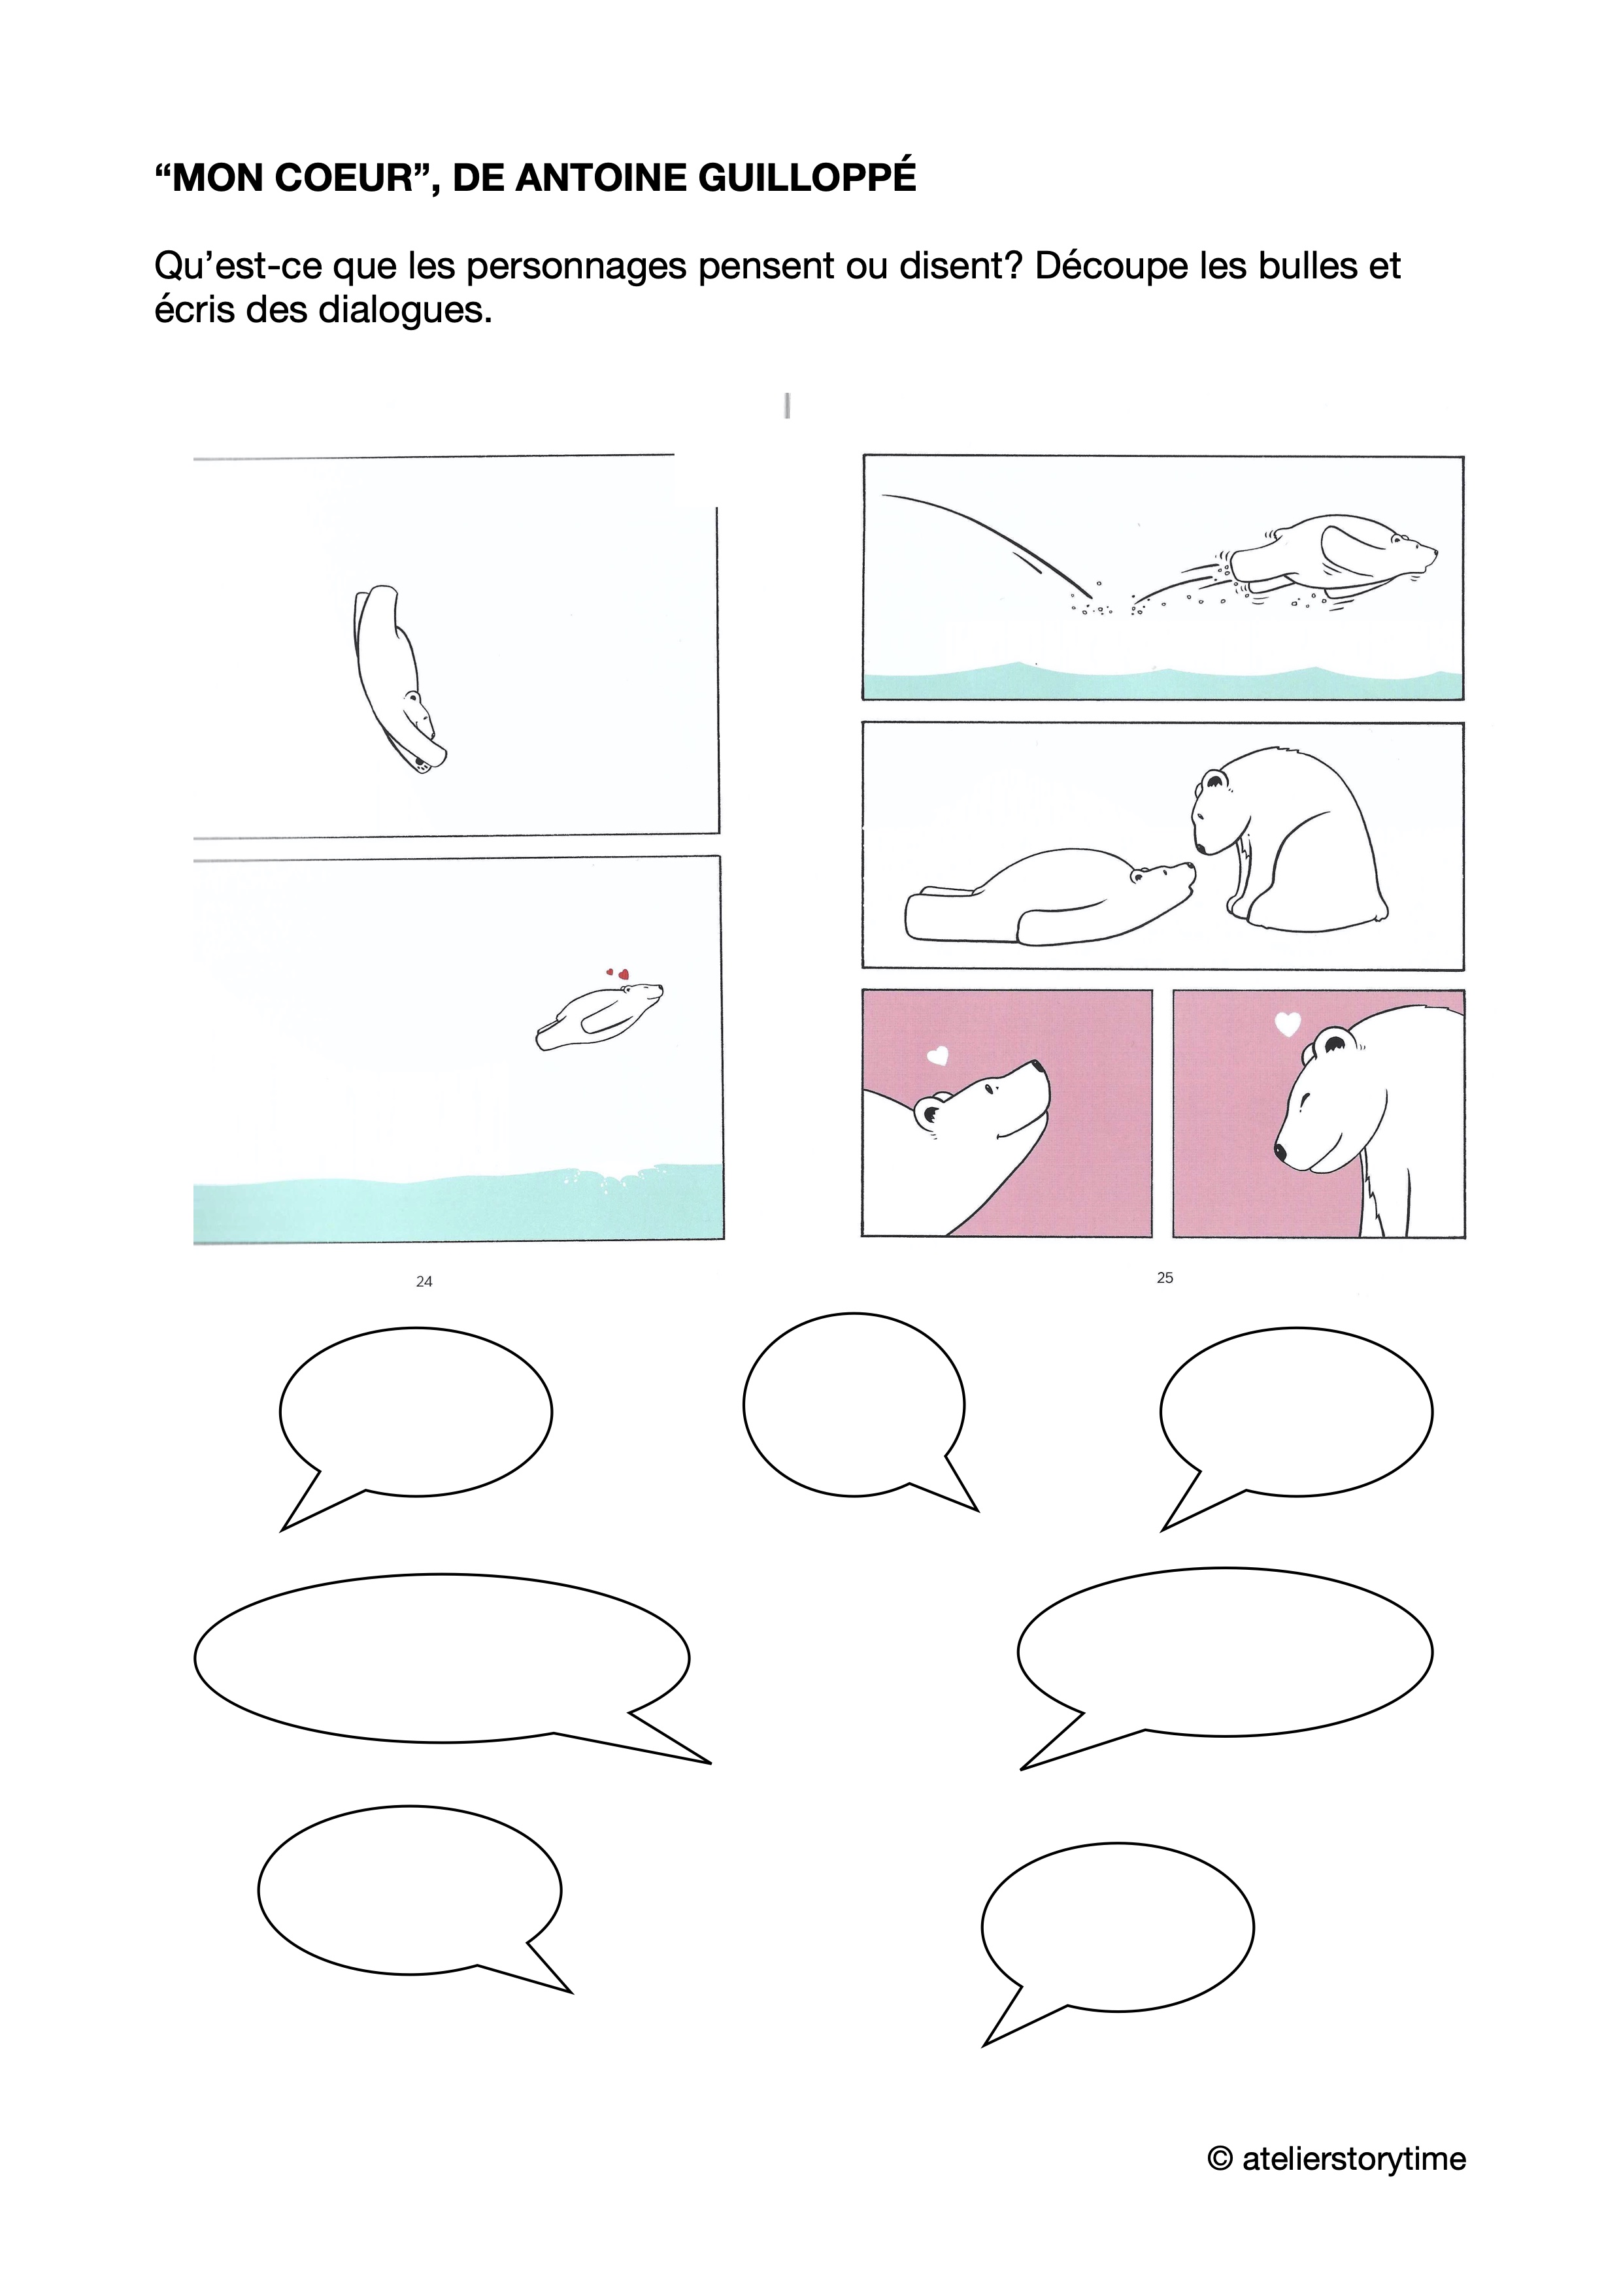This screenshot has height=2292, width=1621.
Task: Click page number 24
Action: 424,1282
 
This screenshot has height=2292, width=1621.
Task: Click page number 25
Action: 1165,1278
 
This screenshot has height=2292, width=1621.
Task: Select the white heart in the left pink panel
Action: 937,1055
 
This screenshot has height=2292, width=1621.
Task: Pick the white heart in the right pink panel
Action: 1288,1024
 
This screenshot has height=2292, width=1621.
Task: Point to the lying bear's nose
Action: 1187,867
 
